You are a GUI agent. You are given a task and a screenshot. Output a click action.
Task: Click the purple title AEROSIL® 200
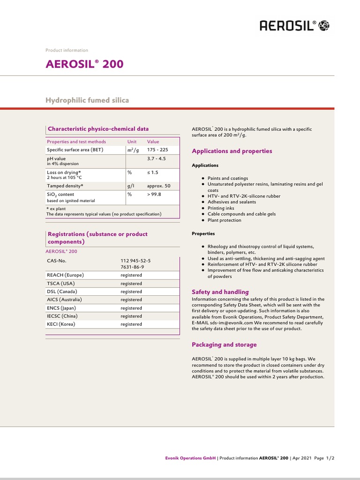tap(84, 64)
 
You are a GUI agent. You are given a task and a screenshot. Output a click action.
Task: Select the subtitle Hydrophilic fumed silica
tap(87, 100)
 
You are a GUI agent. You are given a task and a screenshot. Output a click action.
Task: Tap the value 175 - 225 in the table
tap(157, 150)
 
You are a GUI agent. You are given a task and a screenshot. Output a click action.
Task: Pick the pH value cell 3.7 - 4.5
tap(157, 159)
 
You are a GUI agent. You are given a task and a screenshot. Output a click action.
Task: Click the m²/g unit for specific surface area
tap(133, 150)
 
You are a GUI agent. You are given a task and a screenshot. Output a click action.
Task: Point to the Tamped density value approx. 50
tap(158, 186)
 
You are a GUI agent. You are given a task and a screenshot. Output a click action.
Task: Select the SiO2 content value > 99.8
tap(154, 195)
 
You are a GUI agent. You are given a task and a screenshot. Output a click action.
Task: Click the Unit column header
tap(132, 142)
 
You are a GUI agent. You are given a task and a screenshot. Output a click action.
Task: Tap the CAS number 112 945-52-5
tap(136, 260)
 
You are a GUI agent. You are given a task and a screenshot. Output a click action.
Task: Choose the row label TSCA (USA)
tap(61, 284)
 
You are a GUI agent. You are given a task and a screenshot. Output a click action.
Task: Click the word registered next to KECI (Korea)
tap(131, 324)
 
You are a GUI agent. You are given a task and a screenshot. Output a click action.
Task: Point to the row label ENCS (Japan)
tap(61, 308)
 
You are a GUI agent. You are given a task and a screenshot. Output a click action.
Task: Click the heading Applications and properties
tap(232, 151)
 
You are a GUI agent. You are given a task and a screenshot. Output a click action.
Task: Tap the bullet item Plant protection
tap(225, 220)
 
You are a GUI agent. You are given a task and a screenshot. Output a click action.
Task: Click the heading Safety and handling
tap(220, 292)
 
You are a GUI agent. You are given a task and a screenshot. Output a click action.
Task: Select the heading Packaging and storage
tap(225, 345)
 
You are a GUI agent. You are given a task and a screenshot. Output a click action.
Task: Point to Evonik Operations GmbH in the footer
tap(191, 458)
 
